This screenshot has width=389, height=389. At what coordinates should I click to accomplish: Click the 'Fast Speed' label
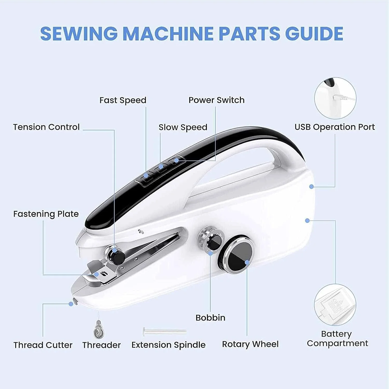[x=123, y=100]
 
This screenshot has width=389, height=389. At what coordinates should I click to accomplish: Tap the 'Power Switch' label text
[x=217, y=100]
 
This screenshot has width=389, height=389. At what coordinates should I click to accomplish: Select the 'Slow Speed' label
[x=183, y=127]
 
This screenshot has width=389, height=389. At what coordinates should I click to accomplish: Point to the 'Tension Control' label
[x=46, y=127]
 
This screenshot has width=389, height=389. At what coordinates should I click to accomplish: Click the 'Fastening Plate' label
[x=46, y=214]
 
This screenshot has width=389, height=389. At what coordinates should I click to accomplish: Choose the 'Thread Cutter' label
[x=43, y=345]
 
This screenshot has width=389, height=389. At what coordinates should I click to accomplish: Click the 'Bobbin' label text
[x=210, y=318]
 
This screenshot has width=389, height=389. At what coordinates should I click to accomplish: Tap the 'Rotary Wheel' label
[x=250, y=344]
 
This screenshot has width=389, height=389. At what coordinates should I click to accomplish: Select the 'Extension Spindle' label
[x=169, y=345]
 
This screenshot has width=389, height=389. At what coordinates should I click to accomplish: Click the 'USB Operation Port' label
[x=335, y=127]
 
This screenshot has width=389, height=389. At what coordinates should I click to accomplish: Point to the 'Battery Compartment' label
[x=337, y=339]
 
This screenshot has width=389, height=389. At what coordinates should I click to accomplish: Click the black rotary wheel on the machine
[x=236, y=254]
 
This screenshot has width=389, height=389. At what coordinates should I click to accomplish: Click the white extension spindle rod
[x=164, y=331]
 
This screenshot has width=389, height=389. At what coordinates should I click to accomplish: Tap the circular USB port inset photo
[x=335, y=98]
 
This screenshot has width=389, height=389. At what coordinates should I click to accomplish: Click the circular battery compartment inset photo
[x=335, y=305]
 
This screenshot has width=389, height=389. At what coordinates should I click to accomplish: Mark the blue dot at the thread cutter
[x=71, y=304]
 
